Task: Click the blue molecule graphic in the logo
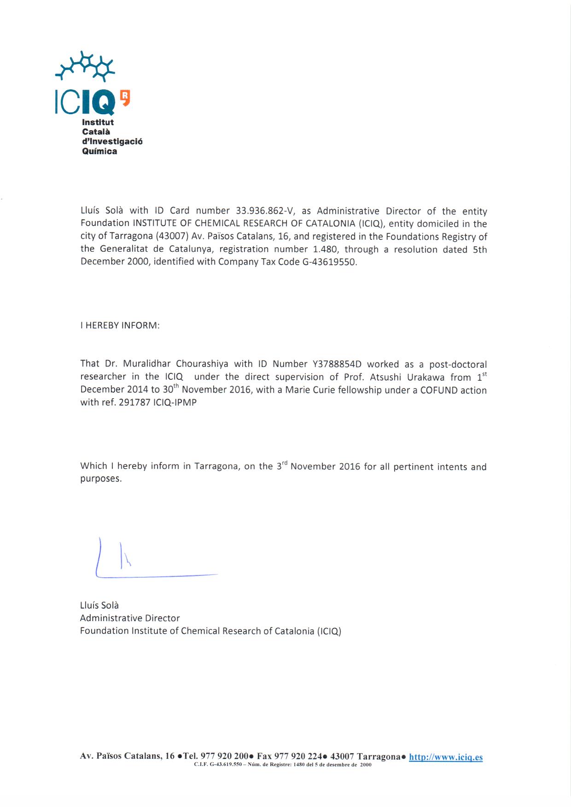pyautogui.click(x=85, y=66)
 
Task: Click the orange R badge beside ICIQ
pyautogui.click(x=125, y=97)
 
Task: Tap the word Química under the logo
pyautogui.click(x=99, y=151)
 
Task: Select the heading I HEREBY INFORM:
pyautogui.click(x=120, y=325)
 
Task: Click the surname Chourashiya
pyautogui.click(x=202, y=364)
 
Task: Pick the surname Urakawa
pyautogui.click(x=426, y=377)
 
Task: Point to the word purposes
pyautogui.click(x=101, y=479)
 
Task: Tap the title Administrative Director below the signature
pyautogui.click(x=130, y=618)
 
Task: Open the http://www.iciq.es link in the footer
pyautogui.click(x=445, y=757)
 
